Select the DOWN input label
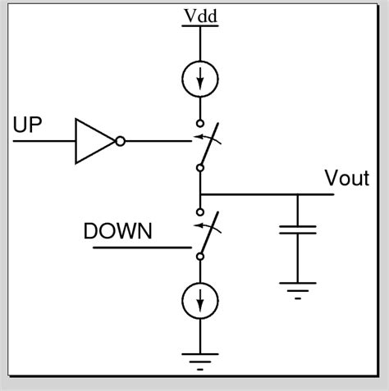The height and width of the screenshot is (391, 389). tap(118, 231)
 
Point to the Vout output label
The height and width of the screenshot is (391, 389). tap(346, 180)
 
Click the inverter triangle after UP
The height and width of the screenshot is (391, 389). tap(93, 140)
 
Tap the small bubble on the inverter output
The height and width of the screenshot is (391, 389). tap(120, 140)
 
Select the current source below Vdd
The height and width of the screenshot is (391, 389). tap(199, 78)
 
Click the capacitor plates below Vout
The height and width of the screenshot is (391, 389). tap(298, 230)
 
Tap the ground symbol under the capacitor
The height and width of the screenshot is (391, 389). tap(298, 289)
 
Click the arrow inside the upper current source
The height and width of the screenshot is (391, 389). tap(199, 80)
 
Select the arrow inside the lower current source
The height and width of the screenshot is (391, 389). tap(199, 302)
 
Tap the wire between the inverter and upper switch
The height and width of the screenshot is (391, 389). tap(160, 140)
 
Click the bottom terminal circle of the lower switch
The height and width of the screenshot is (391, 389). tap(199, 257)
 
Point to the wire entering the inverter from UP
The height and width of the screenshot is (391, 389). tap(41, 140)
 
